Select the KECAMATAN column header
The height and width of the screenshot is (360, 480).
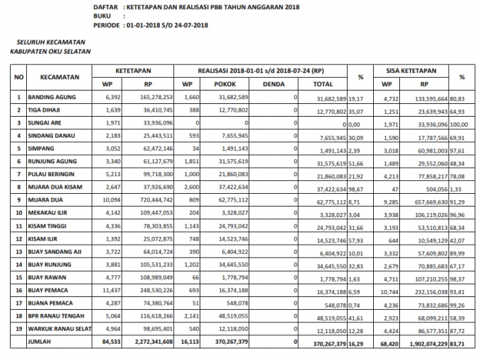(x=59, y=76)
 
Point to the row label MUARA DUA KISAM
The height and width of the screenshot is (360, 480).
(x=56, y=187)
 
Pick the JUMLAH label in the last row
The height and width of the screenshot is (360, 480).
(x=40, y=342)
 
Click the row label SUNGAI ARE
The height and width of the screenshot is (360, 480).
(x=45, y=122)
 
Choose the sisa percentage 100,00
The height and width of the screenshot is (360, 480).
(x=461, y=122)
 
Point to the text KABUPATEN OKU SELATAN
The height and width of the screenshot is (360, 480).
(x=50, y=51)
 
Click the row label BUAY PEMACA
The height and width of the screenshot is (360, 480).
(x=48, y=290)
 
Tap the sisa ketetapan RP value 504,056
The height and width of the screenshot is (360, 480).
(x=430, y=187)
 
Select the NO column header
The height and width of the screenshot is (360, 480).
(x=19, y=76)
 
